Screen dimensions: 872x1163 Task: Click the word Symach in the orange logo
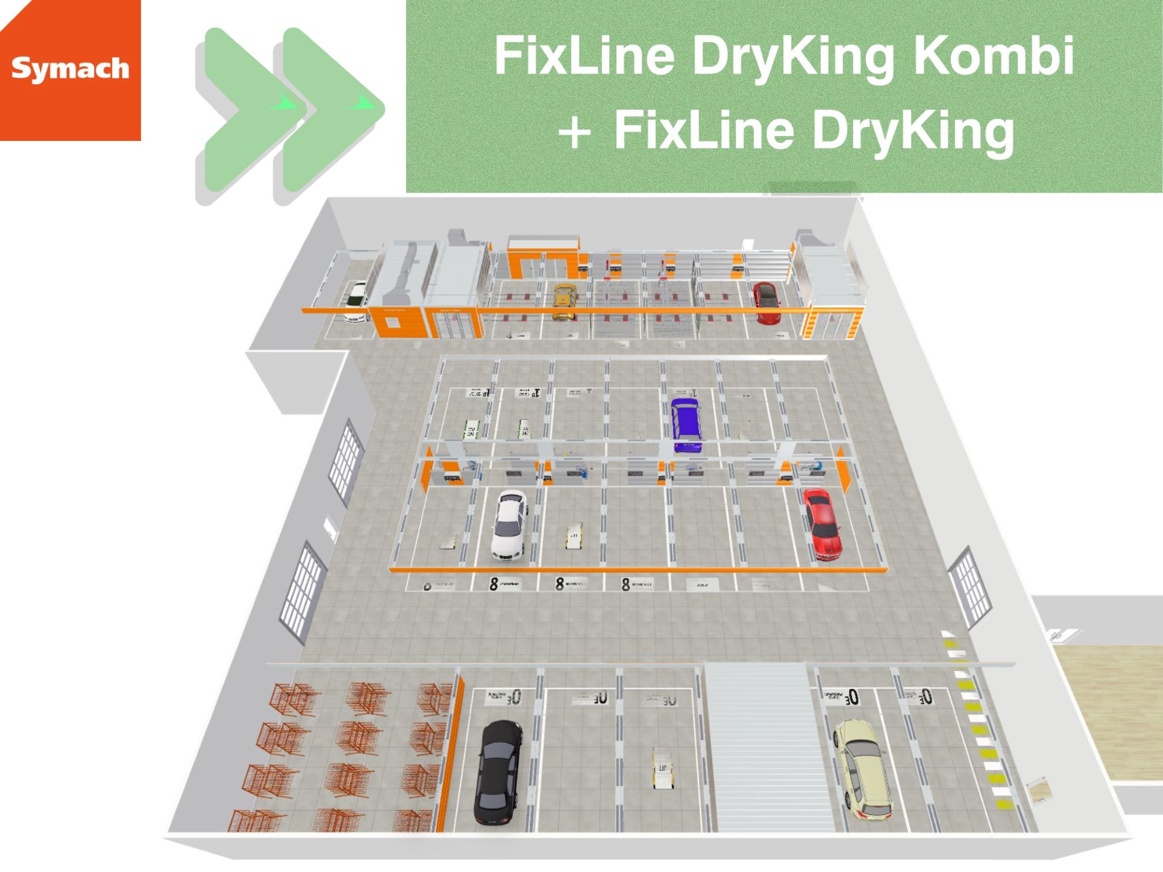pyautogui.click(x=70, y=68)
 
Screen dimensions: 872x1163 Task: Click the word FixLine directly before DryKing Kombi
pyautogui.click(x=584, y=56)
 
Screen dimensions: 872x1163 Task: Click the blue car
pyautogui.click(x=686, y=424)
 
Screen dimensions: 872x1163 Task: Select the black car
pyautogui.click(x=498, y=772)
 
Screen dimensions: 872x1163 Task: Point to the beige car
pyautogui.click(x=862, y=771)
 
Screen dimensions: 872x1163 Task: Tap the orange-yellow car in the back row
pyautogui.click(x=565, y=301)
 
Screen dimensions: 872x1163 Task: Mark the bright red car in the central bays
pyautogui.click(x=821, y=523)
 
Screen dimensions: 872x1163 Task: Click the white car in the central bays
pyautogui.click(x=510, y=524)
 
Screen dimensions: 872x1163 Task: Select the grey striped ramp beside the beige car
pyautogui.click(x=762, y=747)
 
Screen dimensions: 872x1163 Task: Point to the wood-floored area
pyautogui.click(x=1109, y=711)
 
